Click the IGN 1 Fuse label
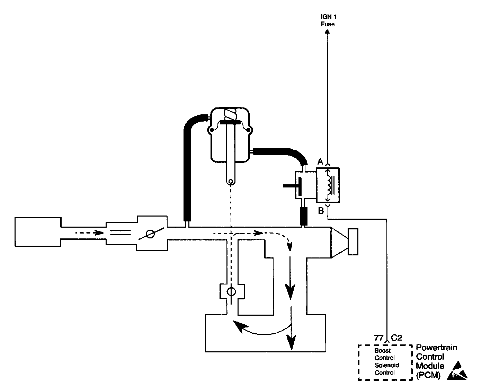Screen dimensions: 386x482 pyautogui.click(x=327, y=20)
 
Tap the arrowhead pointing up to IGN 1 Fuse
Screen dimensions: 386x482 pyautogui.click(x=327, y=31)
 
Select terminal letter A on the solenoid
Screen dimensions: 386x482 pyautogui.click(x=320, y=161)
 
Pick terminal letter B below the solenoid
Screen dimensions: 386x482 pyautogui.click(x=321, y=210)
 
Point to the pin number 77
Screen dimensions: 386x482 pyautogui.click(x=380, y=337)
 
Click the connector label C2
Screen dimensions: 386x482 pyautogui.click(x=396, y=337)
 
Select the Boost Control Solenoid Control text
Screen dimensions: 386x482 pyautogui.click(x=384, y=362)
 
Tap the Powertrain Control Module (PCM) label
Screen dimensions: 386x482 pyautogui.click(x=436, y=361)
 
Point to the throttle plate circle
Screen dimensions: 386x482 pyautogui.click(x=150, y=234)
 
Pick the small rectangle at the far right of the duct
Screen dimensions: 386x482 pyautogui.click(x=353, y=242)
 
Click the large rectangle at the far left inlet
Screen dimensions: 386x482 pyautogui.click(x=38, y=231)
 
